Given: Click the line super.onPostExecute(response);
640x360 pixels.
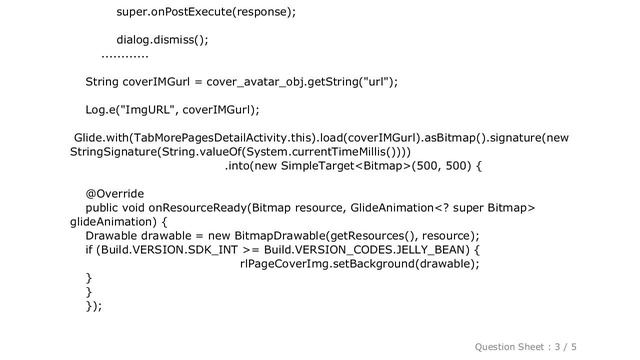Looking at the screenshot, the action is [206, 14].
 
